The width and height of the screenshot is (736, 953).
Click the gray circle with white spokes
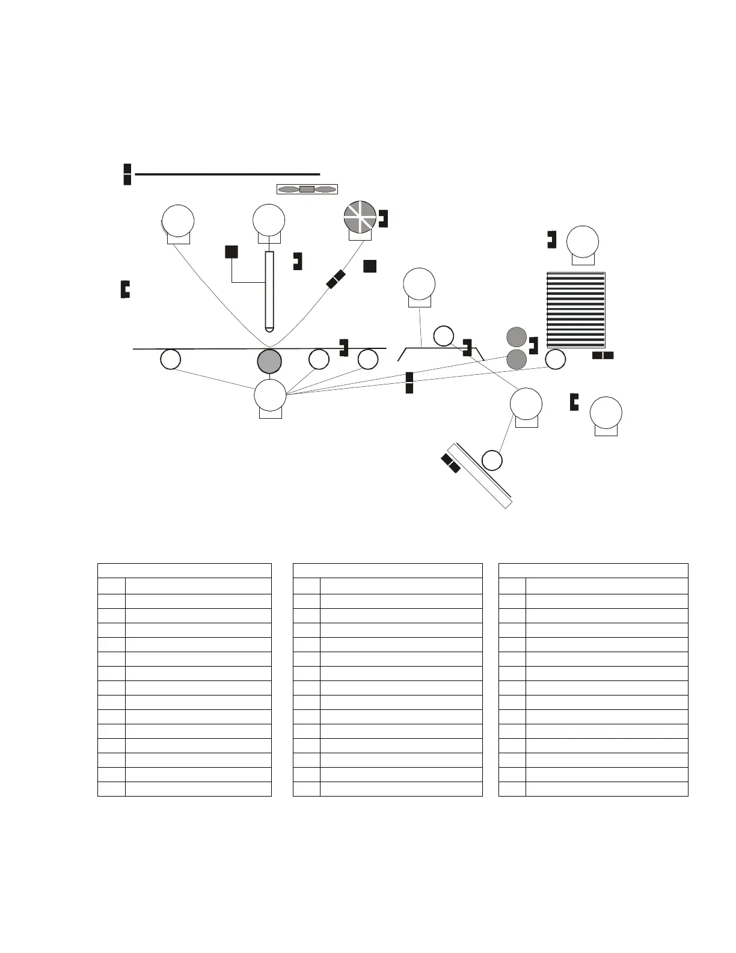(360, 217)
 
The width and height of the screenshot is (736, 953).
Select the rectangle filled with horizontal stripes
(575, 310)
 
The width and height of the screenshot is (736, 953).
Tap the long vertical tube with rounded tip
(269, 291)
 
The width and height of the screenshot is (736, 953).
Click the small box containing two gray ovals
(307, 189)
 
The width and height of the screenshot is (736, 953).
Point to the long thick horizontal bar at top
(227, 174)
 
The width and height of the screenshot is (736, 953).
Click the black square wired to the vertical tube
(231, 251)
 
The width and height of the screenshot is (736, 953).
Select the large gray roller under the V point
(269, 361)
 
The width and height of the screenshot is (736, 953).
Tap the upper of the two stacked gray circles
(517, 338)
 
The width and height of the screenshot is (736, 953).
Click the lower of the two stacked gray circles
(517, 359)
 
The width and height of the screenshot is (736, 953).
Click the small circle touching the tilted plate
(492, 460)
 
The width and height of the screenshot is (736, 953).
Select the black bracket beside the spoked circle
(383, 218)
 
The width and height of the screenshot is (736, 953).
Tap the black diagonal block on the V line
(336, 279)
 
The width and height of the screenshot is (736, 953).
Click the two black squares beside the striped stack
(603, 356)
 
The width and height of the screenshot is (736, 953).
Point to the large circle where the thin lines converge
(270, 395)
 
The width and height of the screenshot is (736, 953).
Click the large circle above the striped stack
(583, 241)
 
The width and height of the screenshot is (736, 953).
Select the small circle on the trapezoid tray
(444, 336)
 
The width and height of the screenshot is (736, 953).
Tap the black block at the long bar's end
(127, 174)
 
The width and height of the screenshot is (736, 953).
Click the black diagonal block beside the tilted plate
(451, 463)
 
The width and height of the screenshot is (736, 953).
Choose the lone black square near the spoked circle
(370, 266)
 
